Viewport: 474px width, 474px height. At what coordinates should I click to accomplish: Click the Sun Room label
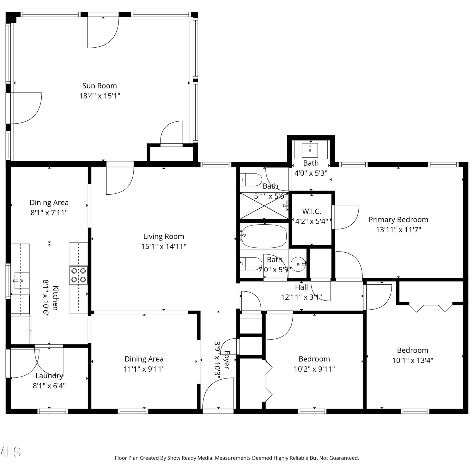point(100,86)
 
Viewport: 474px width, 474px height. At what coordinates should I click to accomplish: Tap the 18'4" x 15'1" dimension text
point(100,96)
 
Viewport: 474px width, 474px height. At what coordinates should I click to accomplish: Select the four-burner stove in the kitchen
point(79,275)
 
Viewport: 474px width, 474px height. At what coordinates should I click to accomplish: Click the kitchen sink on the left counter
point(21,281)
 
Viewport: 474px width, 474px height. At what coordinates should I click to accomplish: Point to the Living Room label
point(164,236)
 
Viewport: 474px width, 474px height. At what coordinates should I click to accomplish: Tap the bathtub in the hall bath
point(264,236)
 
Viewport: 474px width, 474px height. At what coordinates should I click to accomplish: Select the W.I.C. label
point(312,211)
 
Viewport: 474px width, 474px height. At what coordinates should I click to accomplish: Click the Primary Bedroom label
point(398,220)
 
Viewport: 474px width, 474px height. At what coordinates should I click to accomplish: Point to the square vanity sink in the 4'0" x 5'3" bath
point(310,150)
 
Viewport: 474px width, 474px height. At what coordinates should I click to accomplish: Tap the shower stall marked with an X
point(264,205)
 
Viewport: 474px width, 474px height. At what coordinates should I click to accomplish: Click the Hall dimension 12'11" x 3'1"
point(301,297)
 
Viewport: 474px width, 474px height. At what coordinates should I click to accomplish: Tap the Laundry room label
point(49,376)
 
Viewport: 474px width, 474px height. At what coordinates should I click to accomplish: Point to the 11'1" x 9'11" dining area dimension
point(144,369)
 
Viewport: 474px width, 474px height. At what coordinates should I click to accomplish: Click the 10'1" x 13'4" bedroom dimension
point(413,360)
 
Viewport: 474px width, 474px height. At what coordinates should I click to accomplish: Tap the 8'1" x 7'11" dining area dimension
point(49,213)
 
